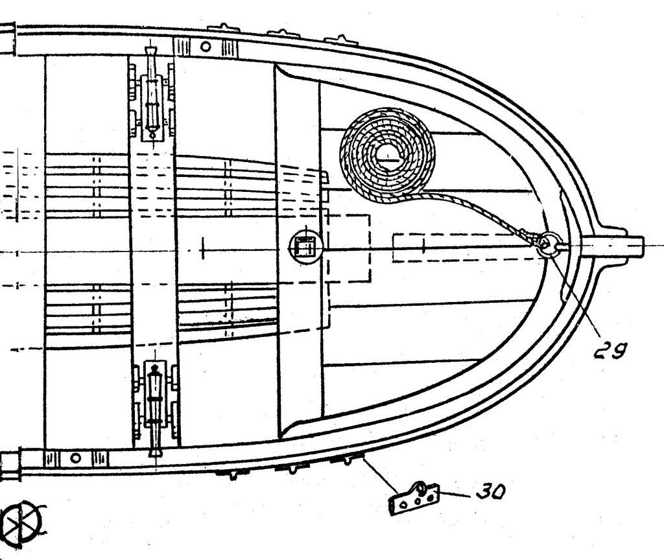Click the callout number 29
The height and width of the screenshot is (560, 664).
click(610, 349)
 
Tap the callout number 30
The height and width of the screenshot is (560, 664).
click(490, 492)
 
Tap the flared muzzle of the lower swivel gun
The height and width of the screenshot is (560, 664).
click(155, 452)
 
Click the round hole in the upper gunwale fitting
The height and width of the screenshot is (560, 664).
click(206, 46)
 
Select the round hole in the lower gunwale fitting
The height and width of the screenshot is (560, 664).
click(75, 458)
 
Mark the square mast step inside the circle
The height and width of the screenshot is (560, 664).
click(305, 246)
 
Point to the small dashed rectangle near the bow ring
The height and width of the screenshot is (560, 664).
click(409, 248)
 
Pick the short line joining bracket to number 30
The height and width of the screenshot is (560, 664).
click(454, 494)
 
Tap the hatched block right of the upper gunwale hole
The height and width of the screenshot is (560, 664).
click(230, 47)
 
